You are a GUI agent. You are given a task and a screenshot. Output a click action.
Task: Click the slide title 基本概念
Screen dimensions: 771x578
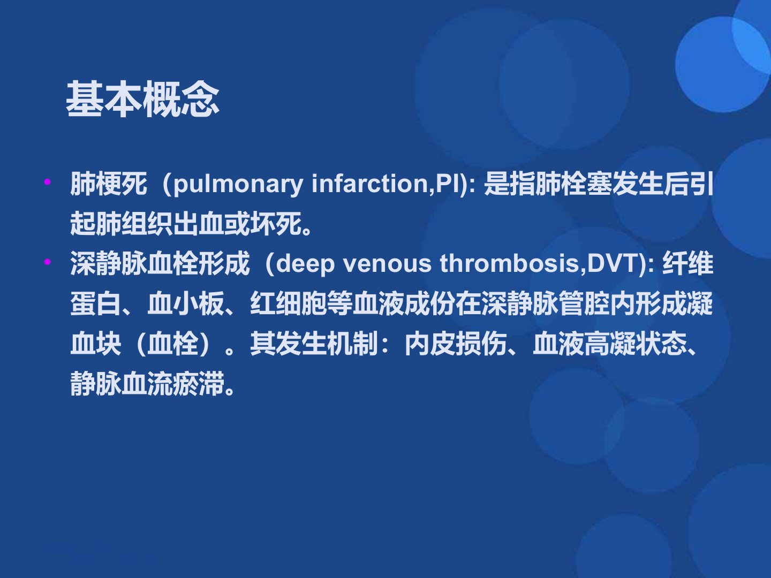click(x=142, y=99)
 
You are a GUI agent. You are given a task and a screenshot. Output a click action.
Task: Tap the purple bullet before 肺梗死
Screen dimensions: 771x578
click(x=48, y=181)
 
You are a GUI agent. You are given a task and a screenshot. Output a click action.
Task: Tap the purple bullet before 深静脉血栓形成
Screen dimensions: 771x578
click(x=48, y=262)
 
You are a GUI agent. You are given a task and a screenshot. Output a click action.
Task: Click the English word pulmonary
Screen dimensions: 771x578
click(x=238, y=185)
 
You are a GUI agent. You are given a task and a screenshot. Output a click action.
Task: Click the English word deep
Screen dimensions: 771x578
click(x=305, y=264)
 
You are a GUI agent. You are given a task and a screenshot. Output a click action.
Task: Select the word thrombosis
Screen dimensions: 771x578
click(x=509, y=263)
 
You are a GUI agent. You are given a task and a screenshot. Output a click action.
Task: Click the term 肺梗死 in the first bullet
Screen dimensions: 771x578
click(x=109, y=184)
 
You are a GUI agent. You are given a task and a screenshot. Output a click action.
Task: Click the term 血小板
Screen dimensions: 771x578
click(x=185, y=303)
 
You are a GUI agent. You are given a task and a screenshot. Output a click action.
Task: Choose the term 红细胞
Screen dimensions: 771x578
click(x=289, y=303)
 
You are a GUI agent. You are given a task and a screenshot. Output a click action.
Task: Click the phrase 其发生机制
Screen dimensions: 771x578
click(x=314, y=344)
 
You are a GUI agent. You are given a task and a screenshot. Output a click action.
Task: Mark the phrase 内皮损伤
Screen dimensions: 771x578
click(x=456, y=344)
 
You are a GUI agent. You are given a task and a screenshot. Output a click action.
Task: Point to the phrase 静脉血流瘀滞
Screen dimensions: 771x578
click(x=147, y=384)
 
